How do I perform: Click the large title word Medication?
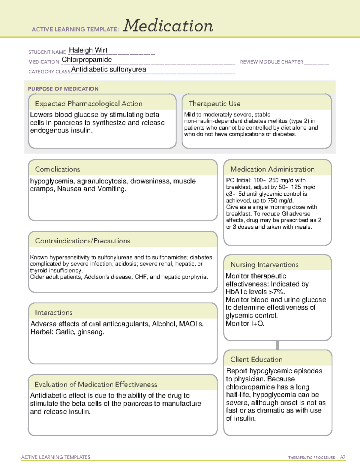tap(168, 26)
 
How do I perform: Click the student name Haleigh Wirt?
tap(88, 50)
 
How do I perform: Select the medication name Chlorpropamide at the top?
tap(87, 60)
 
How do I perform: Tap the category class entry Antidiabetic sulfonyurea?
tap(109, 69)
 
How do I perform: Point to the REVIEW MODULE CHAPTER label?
tap(271, 62)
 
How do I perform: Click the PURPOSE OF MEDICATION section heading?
tap(63, 89)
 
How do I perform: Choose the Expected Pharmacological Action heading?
tap(88, 104)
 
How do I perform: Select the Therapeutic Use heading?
tap(214, 104)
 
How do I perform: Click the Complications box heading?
tap(57, 169)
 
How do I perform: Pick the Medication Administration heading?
tap(272, 169)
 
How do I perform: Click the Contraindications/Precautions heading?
tap(82, 241)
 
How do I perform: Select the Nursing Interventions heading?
tap(264, 265)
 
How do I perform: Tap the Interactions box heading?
tap(53, 313)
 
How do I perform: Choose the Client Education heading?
tap(256, 359)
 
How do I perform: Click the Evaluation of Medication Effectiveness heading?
tap(96, 384)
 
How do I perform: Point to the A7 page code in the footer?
tap(343, 457)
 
